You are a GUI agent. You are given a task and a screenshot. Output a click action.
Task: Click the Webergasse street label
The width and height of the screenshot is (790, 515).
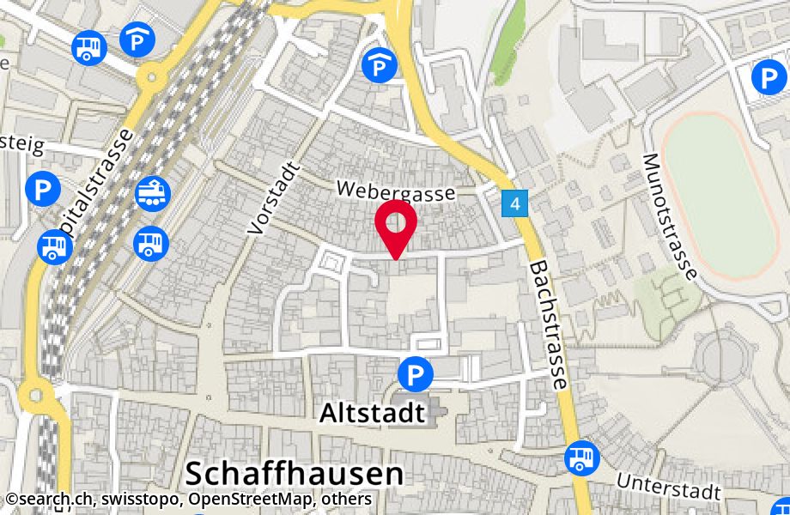(395, 191)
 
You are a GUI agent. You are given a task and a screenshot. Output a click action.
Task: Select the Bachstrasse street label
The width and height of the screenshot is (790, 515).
(550, 325)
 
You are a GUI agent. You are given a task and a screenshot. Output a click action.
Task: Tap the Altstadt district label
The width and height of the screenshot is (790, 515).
(372, 414)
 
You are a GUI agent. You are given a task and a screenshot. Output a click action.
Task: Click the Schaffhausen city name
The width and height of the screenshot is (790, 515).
(294, 473)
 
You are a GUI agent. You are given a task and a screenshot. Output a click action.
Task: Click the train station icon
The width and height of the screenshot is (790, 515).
(153, 192)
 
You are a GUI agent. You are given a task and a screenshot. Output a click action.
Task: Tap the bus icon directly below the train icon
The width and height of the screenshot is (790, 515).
(151, 243)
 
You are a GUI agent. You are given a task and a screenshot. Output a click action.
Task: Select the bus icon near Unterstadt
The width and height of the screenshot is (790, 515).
(581, 457)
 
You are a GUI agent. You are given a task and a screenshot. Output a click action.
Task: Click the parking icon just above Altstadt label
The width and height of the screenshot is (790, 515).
(416, 374)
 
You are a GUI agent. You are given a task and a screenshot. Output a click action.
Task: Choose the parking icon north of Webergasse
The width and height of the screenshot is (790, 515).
(378, 65)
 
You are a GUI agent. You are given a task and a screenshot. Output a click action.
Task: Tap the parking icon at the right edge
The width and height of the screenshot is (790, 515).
(768, 79)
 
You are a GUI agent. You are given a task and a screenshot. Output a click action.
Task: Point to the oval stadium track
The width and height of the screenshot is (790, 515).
(721, 195)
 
